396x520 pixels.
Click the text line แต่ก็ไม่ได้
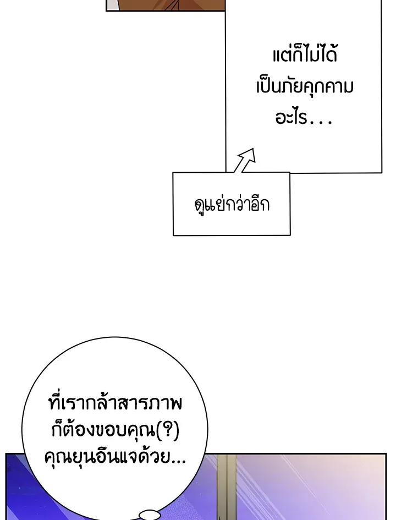tap(304, 56)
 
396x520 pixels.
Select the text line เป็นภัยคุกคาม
tap(304, 87)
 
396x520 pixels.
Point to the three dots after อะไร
tap(321, 122)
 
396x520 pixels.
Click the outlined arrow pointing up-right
tap(244, 160)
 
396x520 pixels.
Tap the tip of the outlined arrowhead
tap(254, 149)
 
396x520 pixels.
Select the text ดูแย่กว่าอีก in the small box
tap(232, 205)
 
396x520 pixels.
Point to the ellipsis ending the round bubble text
tap(178, 459)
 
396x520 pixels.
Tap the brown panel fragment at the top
tap(165, 5)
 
